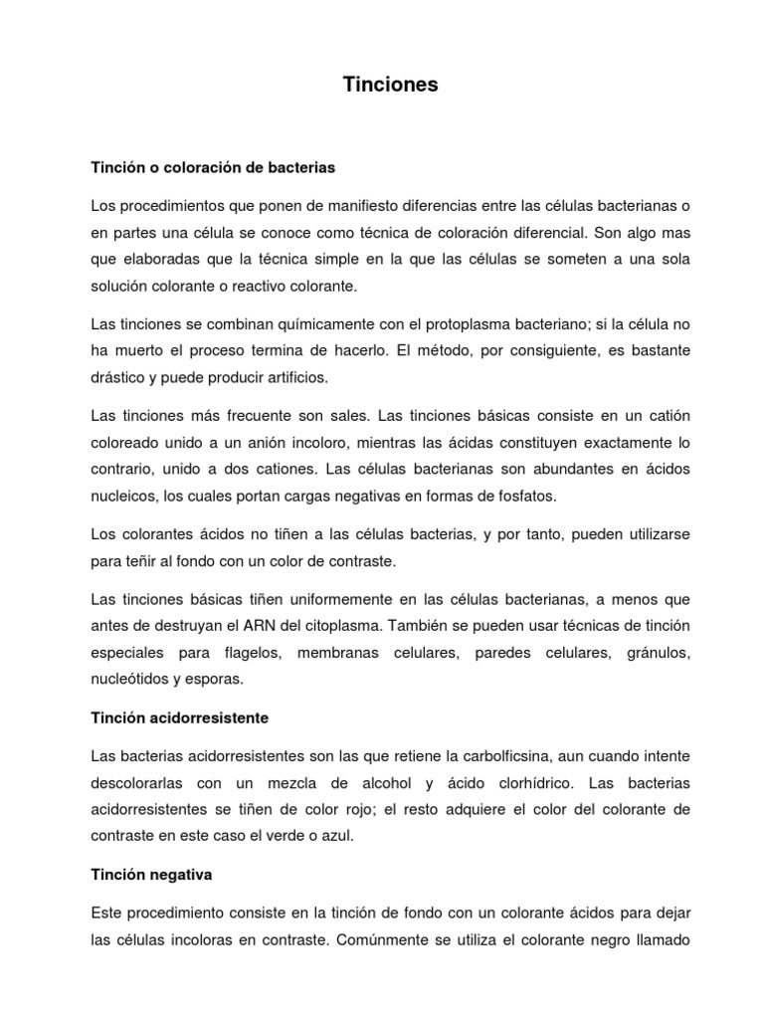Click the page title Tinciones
[390, 86]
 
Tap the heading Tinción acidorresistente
[180, 716]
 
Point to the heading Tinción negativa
[151, 875]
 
